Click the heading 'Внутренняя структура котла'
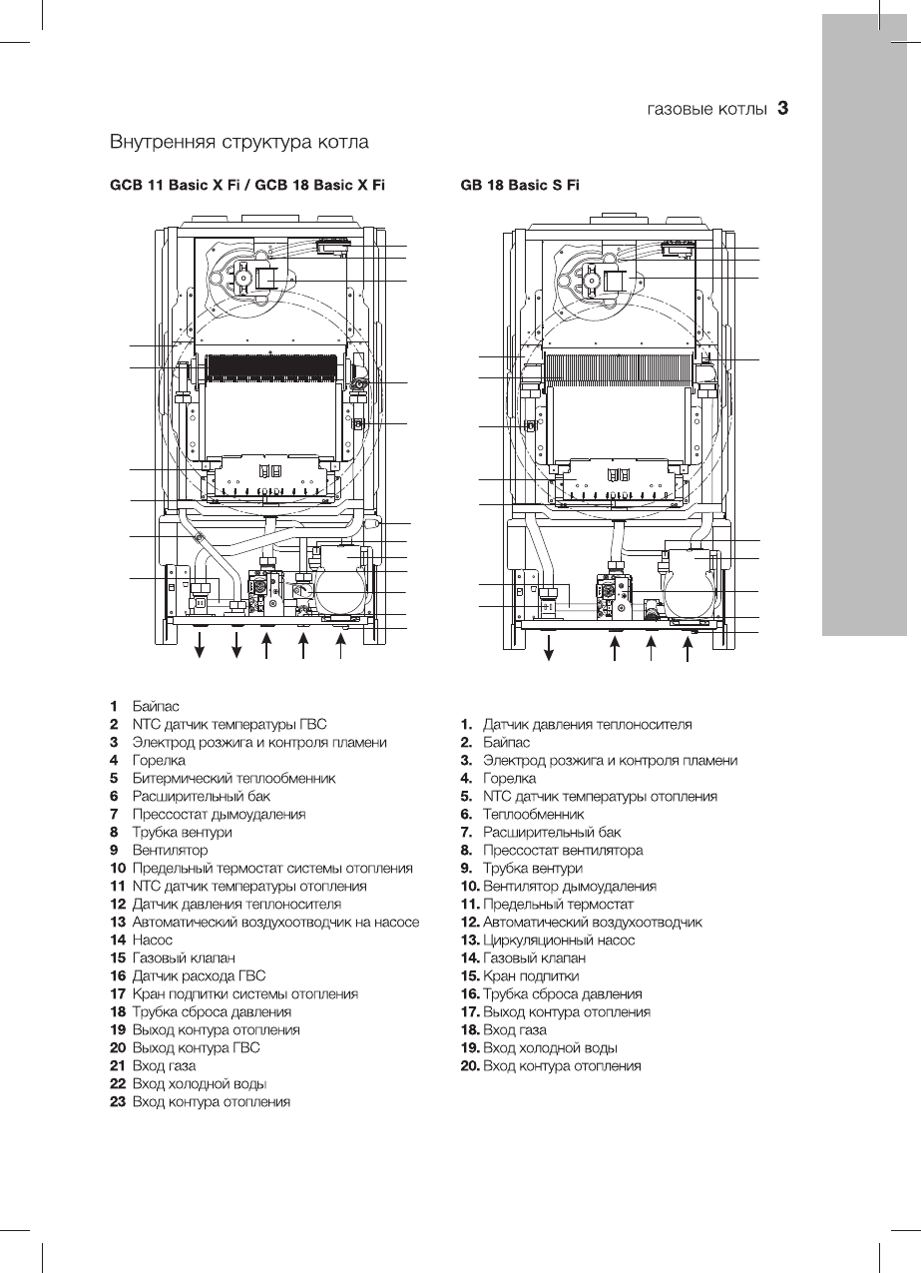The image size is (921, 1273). (x=239, y=142)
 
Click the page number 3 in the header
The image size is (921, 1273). (x=783, y=108)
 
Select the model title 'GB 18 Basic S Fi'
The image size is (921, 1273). (x=520, y=185)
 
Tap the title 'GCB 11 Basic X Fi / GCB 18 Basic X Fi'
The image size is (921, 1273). (x=246, y=185)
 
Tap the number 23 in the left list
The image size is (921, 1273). (x=118, y=1101)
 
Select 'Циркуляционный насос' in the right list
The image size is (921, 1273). (x=559, y=940)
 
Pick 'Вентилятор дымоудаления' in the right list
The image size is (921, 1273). (x=570, y=886)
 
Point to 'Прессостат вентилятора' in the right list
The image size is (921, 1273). (x=563, y=850)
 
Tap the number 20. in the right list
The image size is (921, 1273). (x=469, y=1065)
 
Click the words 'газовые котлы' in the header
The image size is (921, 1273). (x=706, y=109)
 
